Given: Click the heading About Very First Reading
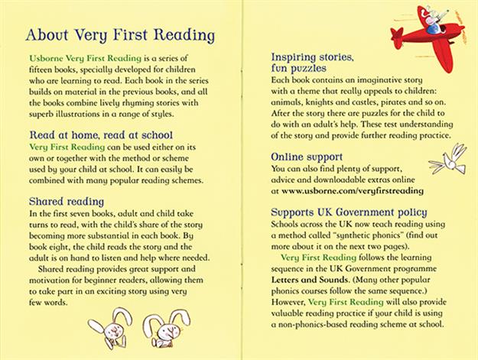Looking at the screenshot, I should (119, 35).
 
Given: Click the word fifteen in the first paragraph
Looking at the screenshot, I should (41, 70).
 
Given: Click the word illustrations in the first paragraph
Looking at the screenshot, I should (99, 114).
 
